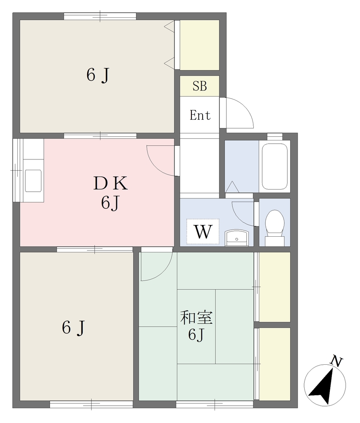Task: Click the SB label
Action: [x=200, y=86]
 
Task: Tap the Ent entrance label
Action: [x=200, y=115]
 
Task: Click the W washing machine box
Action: [x=203, y=231]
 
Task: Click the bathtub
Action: [x=274, y=166]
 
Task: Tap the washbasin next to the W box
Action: [x=237, y=238]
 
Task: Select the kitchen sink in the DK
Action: [x=33, y=181]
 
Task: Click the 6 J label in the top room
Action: [x=98, y=75]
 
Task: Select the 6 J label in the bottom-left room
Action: [x=74, y=328]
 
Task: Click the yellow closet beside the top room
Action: [x=200, y=45]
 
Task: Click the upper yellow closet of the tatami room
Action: [x=274, y=287]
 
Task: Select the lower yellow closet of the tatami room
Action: [x=274, y=364]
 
